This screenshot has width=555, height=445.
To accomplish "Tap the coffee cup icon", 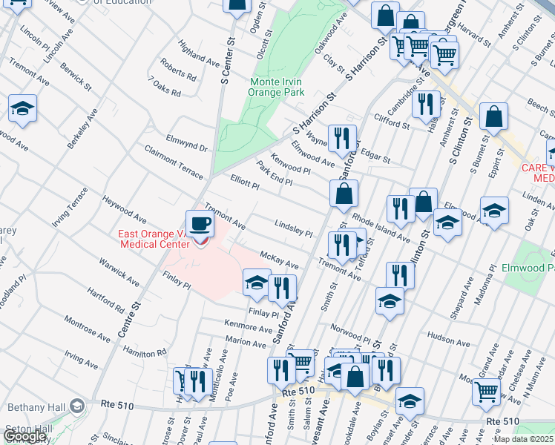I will pyautogui.click(x=200, y=224).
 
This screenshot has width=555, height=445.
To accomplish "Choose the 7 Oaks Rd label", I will pyautogui.click(x=165, y=87).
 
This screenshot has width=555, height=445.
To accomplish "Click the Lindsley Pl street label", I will pyautogui.click(x=294, y=228).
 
